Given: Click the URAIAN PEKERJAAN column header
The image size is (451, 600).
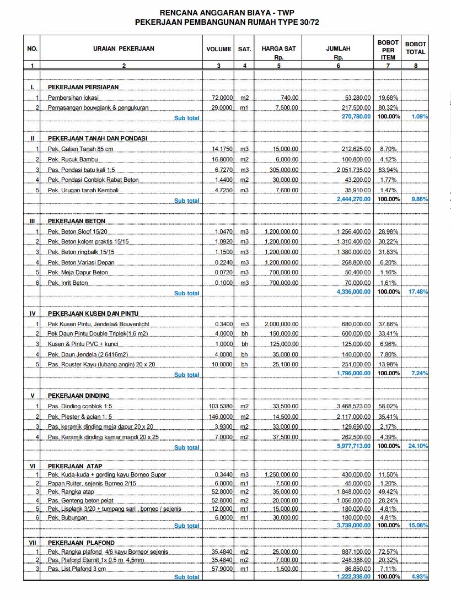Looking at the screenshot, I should [x=124, y=48].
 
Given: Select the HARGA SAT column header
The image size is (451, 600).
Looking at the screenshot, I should [x=278, y=48].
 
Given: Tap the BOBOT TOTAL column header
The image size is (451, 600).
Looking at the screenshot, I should [x=416, y=48].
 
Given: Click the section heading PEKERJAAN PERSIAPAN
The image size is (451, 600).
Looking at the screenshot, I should [x=83, y=87].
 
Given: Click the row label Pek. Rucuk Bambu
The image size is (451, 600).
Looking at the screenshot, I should [x=69, y=159].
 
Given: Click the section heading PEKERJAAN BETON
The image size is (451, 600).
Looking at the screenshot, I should [x=77, y=221].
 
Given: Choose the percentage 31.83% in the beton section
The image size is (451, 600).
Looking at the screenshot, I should [x=389, y=252].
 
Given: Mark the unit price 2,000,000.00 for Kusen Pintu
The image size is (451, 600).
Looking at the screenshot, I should [x=282, y=324].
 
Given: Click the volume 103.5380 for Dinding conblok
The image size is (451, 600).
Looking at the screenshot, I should [x=221, y=407].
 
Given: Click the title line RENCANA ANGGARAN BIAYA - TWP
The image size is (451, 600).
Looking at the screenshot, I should [x=227, y=12].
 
